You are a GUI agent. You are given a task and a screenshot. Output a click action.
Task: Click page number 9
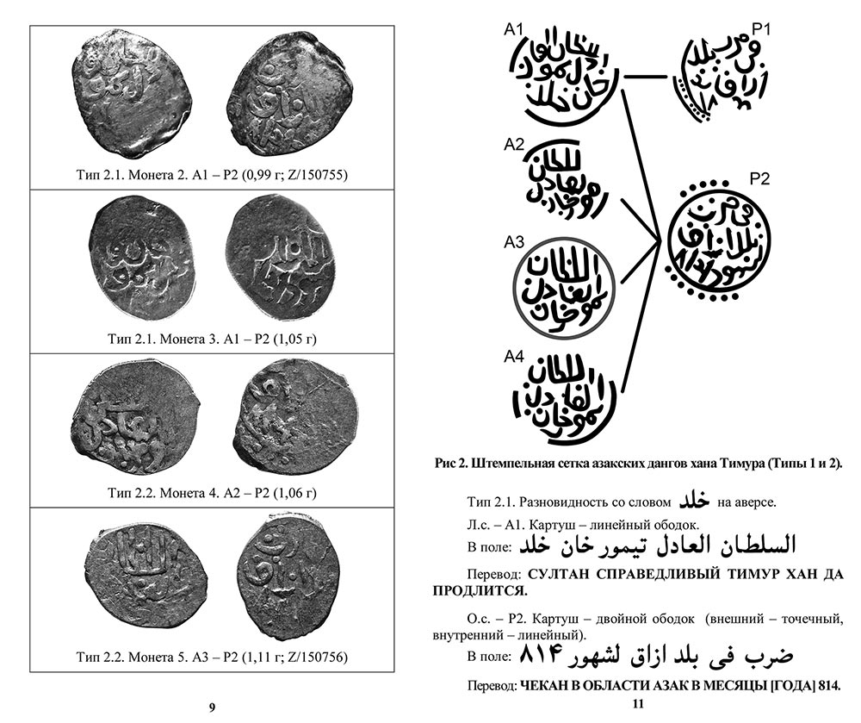point(212,707)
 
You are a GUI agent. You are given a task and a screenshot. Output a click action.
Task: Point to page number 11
point(638,707)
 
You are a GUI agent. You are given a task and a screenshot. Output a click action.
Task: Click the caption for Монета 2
point(212,176)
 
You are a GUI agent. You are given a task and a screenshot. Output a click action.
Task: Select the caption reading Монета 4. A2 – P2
point(212,494)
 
